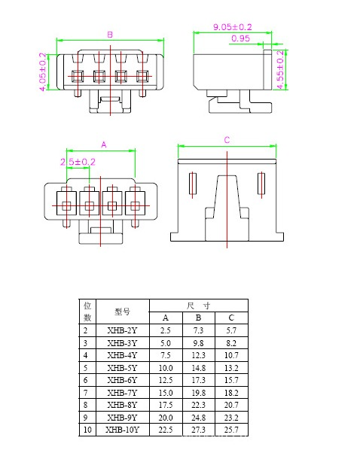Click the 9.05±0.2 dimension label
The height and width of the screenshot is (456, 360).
pyautogui.click(x=232, y=27)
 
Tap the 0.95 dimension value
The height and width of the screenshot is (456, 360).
pyautogui.click(x=240, y=38)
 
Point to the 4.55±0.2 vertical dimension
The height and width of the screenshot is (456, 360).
pyautogui.click(x=280, y=69)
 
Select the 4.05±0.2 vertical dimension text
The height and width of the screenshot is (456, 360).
pyautogui.click(x=42, y=71)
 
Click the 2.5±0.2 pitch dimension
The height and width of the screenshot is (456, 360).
pyautogui.click(x=78, y=162)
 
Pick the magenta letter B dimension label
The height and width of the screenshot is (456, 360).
pyautogui.click(x=110, y=35)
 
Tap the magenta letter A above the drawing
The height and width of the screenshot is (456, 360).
pyautogui.click(x=104, y=144)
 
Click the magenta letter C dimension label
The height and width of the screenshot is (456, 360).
pyautogui.click(x=227, y=140)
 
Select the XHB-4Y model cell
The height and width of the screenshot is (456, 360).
pyautogui.click(x=122, y=355)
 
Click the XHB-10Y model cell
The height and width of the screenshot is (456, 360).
pyautogui.click(x=122, y=430)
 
